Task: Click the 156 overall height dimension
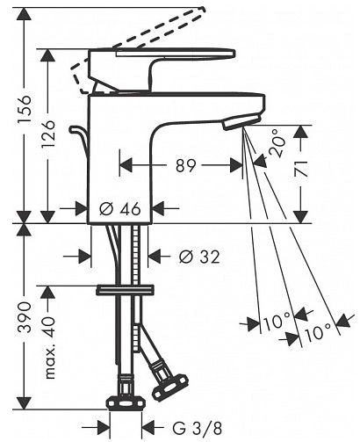pyautogui.click(x=25, y=109)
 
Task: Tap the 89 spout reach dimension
pyautogui.click(x=185, y=166)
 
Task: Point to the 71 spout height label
pyautogui.click(x=301, y=169)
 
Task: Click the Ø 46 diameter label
pyautogui.click(x=120, y=209)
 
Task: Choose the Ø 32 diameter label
pyautogui.click(x=199, y=257)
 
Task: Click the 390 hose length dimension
pyautogui.click(x=25, y=317)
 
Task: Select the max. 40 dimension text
pyautogui.click(x=48, y=348)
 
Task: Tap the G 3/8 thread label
pyautogui.click(x=197, y=429)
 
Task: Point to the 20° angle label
pyautogui.click(x=277, y=143)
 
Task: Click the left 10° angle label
pyautogui.click(x=277, y=321)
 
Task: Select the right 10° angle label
pyautogui.click(x=317, y=332)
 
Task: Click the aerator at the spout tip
pyautogui.click(x=241, y=122)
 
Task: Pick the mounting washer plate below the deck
pyautogui.click(x=126, y=290)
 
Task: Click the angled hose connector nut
pyautogui.click(x=169, y=386)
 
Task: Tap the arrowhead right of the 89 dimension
pyautogui.click(x=236, y=166)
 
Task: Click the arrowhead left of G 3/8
pyautogui.click(x=104, y=429)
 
